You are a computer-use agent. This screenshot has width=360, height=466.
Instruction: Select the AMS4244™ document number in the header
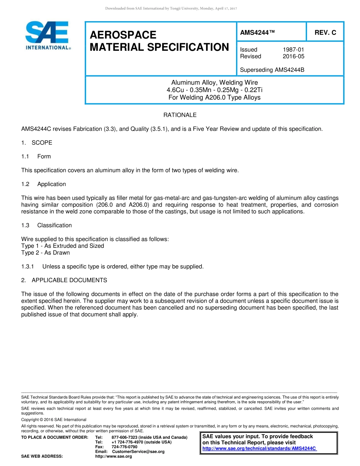257,33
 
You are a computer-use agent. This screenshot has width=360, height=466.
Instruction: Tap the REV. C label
325,33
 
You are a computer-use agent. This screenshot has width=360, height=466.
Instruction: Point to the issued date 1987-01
293,50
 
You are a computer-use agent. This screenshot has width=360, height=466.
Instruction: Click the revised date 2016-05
293,56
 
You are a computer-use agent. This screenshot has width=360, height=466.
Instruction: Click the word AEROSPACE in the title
123,35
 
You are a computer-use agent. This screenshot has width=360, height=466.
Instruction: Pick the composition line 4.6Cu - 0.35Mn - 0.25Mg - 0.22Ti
214,90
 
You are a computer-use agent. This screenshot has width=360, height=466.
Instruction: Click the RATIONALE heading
180,115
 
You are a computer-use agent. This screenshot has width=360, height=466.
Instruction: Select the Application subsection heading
52,184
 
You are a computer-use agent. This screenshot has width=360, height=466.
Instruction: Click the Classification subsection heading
54,225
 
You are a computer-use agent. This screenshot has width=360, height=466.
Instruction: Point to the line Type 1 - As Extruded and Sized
63,246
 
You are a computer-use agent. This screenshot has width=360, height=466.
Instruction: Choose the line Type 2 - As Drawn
45,253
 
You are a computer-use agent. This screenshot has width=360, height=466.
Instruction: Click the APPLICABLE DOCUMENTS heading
69,280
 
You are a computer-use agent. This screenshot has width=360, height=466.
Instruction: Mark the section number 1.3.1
28,267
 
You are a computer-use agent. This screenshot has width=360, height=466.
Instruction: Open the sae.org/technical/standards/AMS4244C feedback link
259,449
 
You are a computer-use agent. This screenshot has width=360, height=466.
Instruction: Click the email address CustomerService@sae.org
138,452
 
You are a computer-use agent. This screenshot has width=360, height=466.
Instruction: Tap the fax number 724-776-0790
124,447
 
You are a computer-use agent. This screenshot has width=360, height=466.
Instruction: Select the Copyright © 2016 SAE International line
54,420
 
